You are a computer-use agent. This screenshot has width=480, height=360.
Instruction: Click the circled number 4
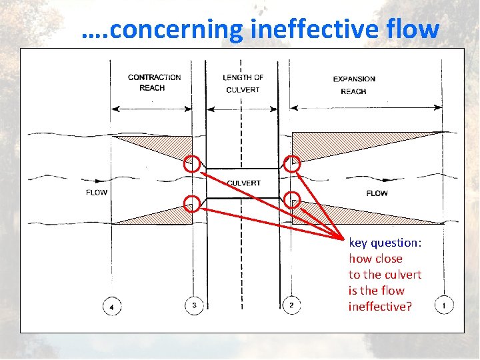(112, 306)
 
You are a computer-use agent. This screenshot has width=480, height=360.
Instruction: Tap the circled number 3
(194, 305)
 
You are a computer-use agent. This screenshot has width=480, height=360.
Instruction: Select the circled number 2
(291, 305)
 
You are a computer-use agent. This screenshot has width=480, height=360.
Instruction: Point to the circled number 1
(444, 305)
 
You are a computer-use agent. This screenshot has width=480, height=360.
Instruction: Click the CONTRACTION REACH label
(154, 83)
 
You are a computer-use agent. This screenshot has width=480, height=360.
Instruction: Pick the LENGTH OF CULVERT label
(243, 83)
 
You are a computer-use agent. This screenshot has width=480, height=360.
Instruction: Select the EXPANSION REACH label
(354, 85)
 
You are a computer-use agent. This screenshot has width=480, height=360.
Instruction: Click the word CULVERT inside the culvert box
(243, 183)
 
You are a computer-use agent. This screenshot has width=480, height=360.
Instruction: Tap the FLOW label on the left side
(97, 193)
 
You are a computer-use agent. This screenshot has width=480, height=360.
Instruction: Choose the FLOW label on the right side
(377, 193)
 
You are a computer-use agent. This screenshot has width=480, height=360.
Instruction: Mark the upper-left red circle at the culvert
(192, 163)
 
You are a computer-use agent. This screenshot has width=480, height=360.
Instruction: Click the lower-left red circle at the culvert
(192, 203)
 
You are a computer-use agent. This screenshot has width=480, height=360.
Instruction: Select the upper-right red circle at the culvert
(292, 163)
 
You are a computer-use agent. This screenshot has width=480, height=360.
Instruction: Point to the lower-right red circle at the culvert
(291, 199)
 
